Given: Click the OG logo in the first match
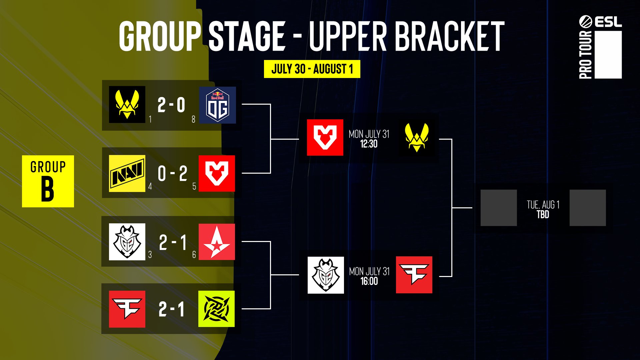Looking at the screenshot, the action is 217,105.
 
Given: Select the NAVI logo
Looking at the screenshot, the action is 127,173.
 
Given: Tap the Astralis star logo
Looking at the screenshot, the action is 217,242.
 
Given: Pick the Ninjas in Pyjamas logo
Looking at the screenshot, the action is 216,309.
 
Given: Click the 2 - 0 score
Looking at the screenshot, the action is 171,105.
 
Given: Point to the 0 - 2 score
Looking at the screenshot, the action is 173,174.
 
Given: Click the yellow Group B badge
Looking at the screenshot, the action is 48,181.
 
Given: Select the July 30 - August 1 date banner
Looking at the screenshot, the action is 312,69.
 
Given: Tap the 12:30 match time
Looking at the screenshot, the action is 369,144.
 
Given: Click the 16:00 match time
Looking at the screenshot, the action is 369,281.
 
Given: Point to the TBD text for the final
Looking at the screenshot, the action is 543,214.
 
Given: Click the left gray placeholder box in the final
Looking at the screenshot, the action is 499,208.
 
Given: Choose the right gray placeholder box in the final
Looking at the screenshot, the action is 588,208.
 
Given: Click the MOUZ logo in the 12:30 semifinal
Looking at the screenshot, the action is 325,137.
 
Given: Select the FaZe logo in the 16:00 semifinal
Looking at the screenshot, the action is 414,275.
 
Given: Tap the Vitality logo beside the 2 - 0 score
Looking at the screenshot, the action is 127,105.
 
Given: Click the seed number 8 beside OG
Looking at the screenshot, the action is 193,119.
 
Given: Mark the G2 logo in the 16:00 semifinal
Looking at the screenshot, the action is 326,275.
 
